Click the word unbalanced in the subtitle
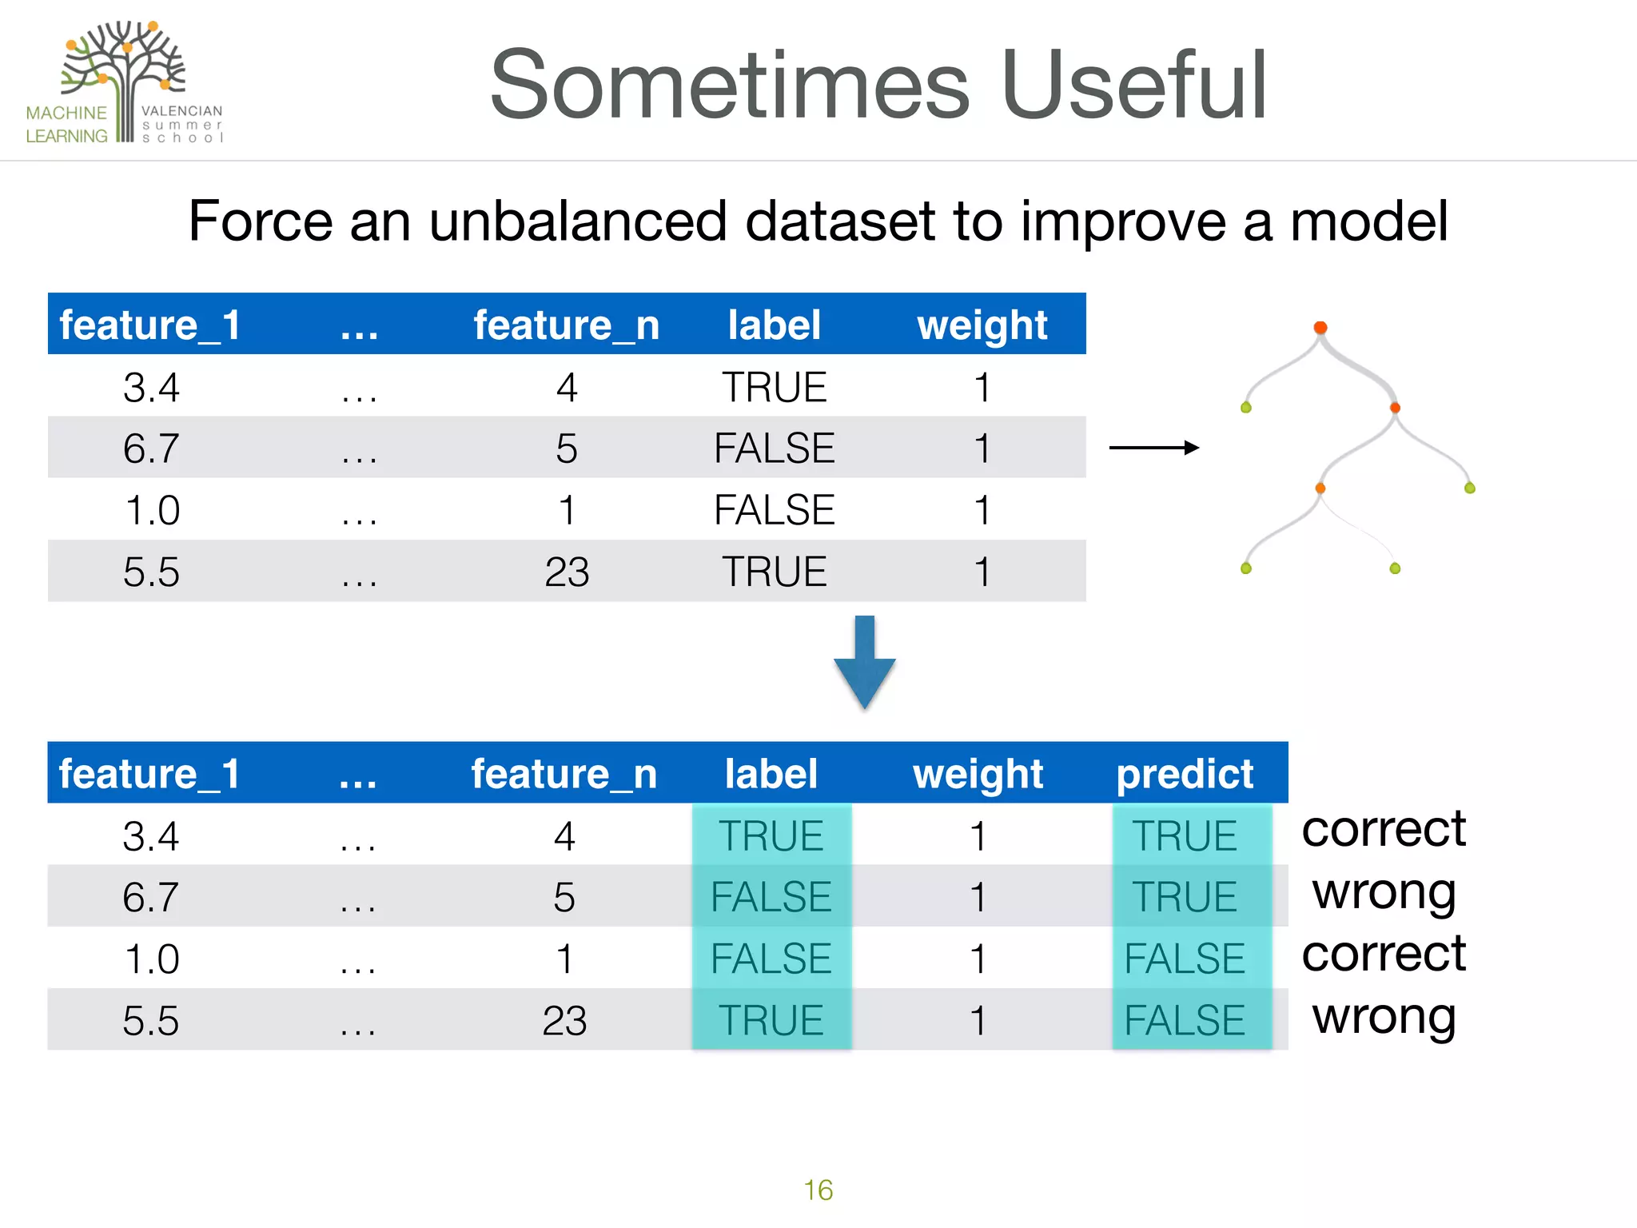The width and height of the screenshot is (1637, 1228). click(x=577, y=221)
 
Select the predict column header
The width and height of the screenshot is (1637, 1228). click(x=1185, y=774)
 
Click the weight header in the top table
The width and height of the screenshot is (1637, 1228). click(x=982, y=325)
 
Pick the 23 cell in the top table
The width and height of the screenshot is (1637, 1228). click(x=567, y=572)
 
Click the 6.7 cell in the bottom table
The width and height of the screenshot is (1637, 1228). click(x=150, y=897)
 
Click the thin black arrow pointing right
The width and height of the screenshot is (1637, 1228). click(x=1153, y=448)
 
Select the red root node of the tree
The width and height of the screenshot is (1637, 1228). click(x=1320, y=328)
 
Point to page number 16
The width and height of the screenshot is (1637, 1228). click(x=818, y=1190)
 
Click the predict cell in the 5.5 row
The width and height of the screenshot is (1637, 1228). click(x=1185, y=1020)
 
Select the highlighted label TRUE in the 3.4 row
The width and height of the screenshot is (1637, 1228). click(x=771, y=836)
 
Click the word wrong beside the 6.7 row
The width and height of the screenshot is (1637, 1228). click(x=1384, y=892)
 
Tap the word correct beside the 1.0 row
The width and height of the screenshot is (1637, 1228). click(x=1384, y=954)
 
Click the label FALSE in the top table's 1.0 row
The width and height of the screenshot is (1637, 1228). click(x=774, y=510)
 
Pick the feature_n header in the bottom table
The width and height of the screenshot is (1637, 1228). click(x=564, y=774)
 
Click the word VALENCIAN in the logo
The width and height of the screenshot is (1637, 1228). click(x=182, y=111)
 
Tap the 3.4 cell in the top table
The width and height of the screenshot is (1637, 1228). click(x=151, y=388)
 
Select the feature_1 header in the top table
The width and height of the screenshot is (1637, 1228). click(x=150, y=325)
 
